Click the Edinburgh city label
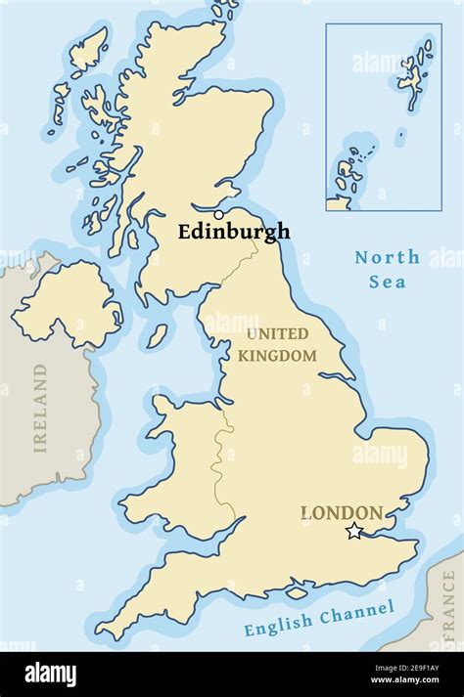(x=234, y=232)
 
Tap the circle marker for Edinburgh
(x=218, y=215)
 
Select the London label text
(x=342, y=512)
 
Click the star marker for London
(x=354, y=531)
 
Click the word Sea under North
(x=387, y=282)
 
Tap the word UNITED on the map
(x=277, y=334)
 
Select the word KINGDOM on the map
(x=277, y=356)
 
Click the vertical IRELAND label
(x=40, y=408)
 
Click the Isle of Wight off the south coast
(x=296, y=592)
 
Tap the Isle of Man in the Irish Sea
(x=157, y=336)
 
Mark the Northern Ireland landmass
(x=67, y=302)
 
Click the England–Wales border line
(x=227, y=459)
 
